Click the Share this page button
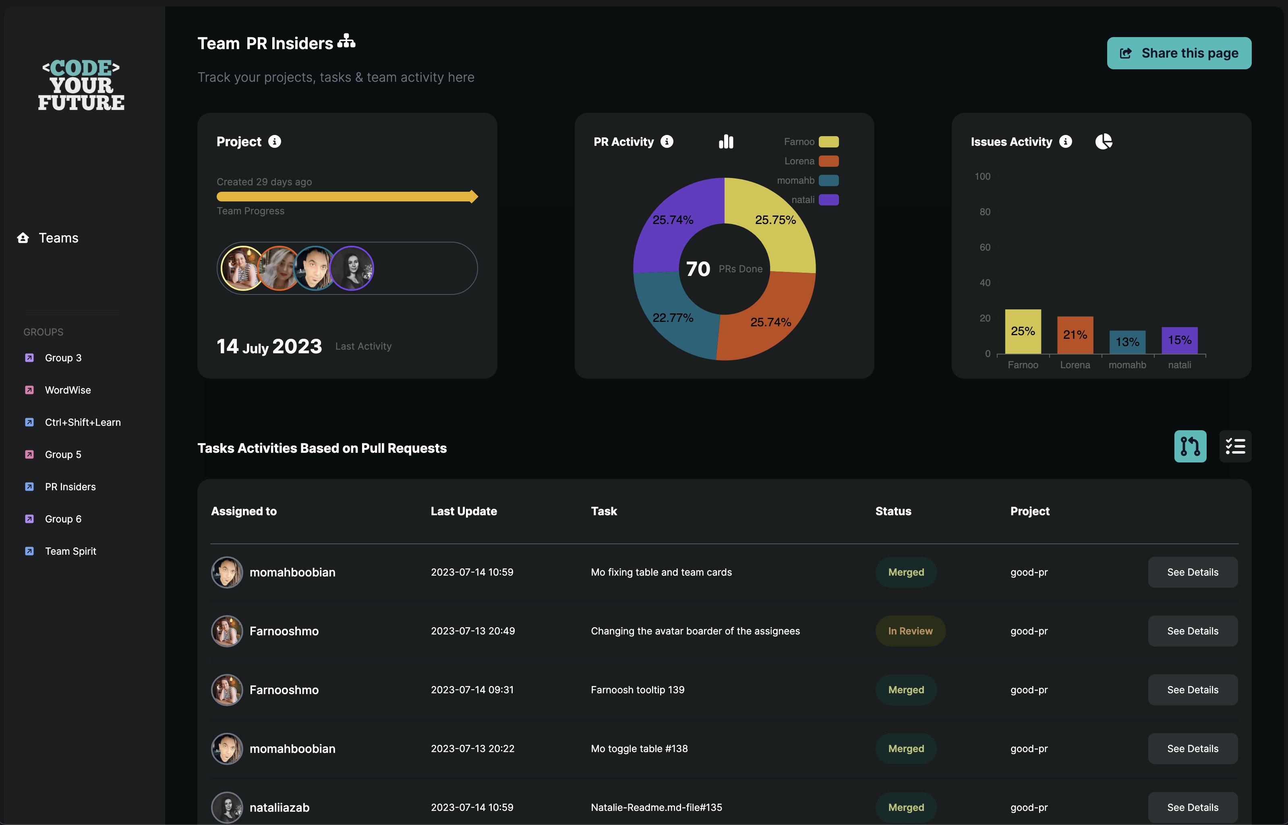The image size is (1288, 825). (1179, 53)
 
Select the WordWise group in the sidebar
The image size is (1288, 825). (68, 390)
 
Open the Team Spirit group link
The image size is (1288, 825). (70, 551)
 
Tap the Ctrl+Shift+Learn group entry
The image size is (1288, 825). (83, 422)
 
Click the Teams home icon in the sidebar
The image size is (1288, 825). (23, 238)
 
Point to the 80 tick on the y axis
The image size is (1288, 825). (985, 211)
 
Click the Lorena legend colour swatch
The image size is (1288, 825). (828, 161)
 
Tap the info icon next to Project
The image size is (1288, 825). (275, 141)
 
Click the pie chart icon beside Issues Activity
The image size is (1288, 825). (1103, 141)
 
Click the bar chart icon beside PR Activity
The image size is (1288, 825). (726, 141)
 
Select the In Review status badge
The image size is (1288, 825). (910, 631)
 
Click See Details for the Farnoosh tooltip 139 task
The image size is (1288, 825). (1192, 690)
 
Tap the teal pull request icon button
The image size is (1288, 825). (1190, 446)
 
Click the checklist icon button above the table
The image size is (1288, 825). (1235, 446)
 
